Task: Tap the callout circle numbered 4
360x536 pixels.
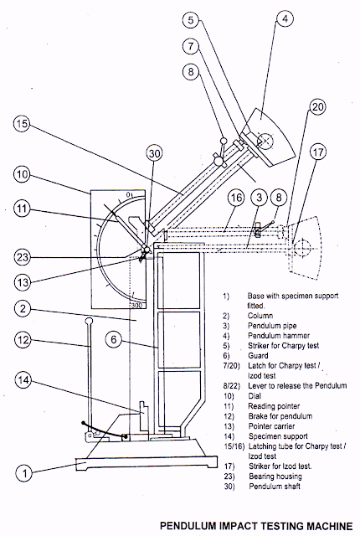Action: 285,17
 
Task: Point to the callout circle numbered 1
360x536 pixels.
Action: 26,474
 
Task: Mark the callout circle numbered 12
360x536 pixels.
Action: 22,339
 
